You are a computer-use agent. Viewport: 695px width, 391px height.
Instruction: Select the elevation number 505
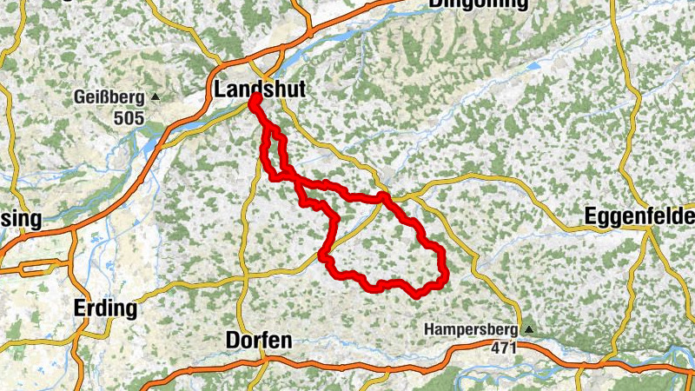coord(130,116)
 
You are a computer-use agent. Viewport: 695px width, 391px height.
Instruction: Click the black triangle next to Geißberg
coord(156,96)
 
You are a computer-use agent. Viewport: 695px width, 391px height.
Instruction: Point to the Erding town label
coord(105,308)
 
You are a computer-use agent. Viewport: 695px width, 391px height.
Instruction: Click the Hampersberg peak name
coord(471,329)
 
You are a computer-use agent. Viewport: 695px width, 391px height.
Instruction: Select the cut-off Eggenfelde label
coord(639,215)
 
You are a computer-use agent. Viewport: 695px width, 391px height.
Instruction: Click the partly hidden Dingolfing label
coord(477,4)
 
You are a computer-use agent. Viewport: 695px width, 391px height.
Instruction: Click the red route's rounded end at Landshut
coord(255,102)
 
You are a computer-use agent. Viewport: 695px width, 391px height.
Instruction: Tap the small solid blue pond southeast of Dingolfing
coord(533,65)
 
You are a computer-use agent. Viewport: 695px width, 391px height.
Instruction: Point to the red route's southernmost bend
coord(418,294)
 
